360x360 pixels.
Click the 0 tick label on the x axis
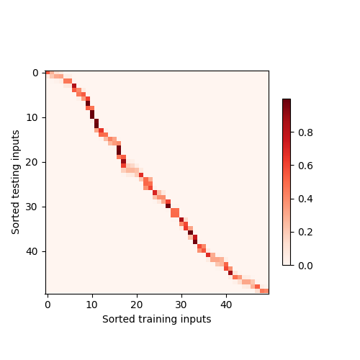[48, 305]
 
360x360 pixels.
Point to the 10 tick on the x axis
[92, 305]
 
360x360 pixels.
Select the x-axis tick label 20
[137, 305]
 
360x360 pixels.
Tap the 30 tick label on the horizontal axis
[181, 305]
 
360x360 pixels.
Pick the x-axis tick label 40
[226, 305]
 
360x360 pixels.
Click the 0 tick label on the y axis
[35, 73]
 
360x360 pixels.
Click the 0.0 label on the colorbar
[304, 266]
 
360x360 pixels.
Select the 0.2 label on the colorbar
[304, 232]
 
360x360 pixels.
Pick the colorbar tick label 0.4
[304, 199]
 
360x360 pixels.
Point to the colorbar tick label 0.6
[304, 166]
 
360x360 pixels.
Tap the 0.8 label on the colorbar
[304, 132]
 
